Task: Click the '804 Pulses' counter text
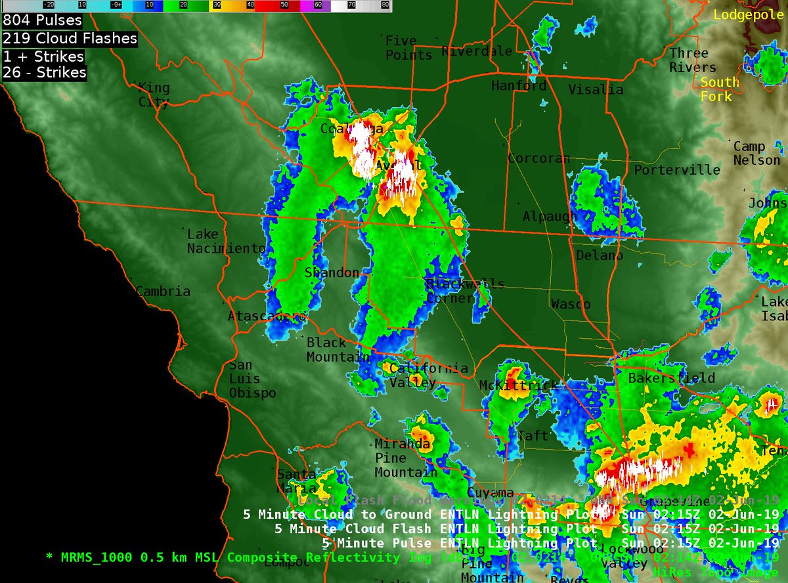43,21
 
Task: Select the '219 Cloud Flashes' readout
70,39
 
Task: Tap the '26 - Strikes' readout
45,72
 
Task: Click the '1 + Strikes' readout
43,56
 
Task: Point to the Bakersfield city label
671,378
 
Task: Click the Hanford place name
519,86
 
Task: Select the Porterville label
676,170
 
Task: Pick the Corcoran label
538,158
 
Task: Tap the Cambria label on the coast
163,291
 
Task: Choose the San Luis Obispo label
252,379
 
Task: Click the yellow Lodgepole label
749,14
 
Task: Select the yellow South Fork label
719,89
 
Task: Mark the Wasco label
570,304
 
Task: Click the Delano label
599,255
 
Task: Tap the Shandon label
332,272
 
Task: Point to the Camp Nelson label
756,153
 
